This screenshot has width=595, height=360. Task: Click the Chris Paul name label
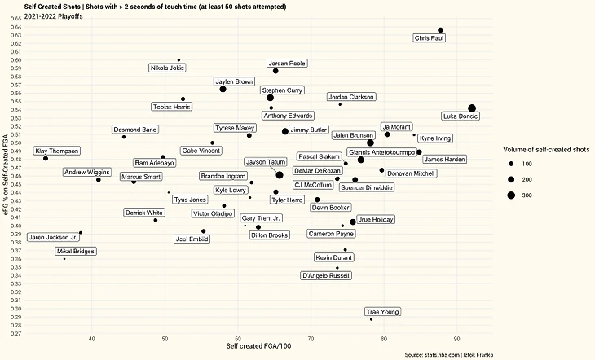coord(430,38)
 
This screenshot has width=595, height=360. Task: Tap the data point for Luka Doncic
coord(472,108)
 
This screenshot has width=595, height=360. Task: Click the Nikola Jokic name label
coord(167,68)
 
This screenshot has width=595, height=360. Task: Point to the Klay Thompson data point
coord(46,158)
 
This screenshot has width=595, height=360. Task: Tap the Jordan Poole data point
coord(275,71)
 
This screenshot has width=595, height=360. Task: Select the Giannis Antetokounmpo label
coord(382,151)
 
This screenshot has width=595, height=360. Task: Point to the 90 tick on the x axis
coord(456,338)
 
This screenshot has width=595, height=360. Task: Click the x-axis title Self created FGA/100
coord(259,348)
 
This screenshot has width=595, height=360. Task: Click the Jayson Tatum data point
coord(280,174)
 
